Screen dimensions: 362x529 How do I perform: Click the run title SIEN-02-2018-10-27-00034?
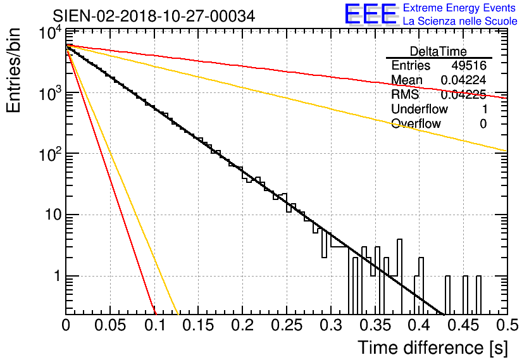click(x=154, y=16)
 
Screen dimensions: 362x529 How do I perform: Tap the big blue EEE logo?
click(x=370, y=15)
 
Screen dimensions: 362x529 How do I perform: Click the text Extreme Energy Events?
click(x=460, y=8)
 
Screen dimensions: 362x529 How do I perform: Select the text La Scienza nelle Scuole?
click(x=460, y=21)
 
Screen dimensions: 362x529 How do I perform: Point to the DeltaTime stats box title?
click(x=439, y=51)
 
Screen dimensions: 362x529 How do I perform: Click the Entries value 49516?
click(x=469, y=66)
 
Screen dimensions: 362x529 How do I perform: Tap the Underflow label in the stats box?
click(x=420, y=109)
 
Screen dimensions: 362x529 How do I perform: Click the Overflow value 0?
click(x=483, y=123)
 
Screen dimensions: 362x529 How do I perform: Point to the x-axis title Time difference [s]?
click(x=432, y=347)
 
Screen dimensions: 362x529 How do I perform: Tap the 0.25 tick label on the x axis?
click(x=287, y=327)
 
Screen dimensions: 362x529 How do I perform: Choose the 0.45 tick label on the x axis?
click(x=463, y=327)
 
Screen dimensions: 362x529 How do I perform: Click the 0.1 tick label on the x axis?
click(x=154, y=327)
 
